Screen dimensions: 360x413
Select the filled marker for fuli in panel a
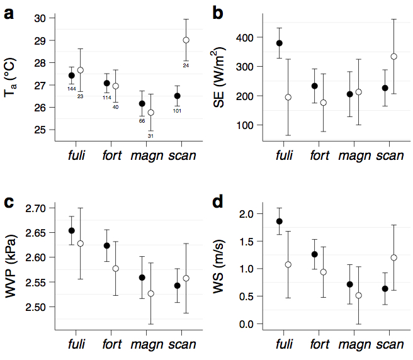pos(72,76)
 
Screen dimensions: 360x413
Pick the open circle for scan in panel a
pos(186,40)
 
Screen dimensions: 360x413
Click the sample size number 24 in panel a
pos(186,65)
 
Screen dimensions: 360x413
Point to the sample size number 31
pos(150,136)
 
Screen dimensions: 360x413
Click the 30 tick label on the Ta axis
pos(40,18)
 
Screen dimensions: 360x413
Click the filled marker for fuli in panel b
pos(280,43)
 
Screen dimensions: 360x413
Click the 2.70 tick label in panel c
pos(35,208)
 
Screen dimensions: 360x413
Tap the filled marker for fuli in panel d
pos(280,222)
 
